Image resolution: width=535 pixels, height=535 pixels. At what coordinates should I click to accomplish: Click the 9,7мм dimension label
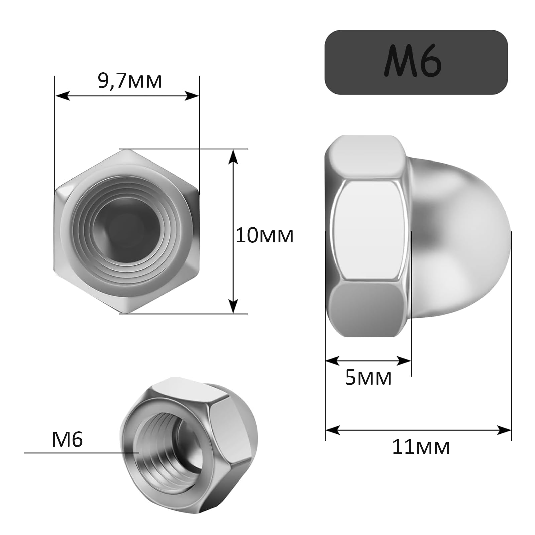tap(130, 81)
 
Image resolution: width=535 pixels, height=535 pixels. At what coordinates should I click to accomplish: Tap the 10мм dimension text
tap(264, 235)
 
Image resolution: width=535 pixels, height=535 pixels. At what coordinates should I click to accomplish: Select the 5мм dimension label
tap(368, 378)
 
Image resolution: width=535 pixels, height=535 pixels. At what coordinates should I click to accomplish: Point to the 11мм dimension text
tap(421, 447)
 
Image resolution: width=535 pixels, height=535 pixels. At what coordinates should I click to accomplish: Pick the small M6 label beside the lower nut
tap(67, 439)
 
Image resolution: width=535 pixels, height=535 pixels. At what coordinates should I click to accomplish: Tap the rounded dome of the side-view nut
tap(468, 231)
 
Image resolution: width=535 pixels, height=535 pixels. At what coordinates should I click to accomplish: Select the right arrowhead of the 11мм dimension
tap(505, 430)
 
